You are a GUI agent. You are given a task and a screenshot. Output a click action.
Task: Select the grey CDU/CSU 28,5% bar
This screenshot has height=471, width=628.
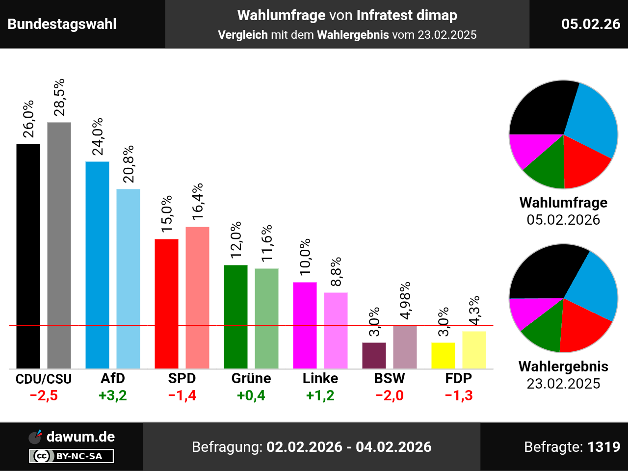point(59,245)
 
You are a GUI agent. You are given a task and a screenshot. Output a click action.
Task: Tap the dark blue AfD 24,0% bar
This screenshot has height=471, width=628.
point(97,265)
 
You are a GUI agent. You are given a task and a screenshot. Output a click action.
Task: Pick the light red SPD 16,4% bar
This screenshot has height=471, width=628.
point(197,297)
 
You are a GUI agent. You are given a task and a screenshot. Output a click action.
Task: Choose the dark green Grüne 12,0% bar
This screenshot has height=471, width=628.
point(235,316)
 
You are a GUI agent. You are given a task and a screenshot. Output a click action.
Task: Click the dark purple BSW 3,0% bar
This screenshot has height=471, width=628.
point(374,356)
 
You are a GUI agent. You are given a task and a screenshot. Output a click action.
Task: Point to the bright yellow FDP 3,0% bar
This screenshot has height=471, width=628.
point(443,356)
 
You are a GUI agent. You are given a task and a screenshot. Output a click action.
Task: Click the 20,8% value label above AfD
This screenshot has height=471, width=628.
point(129,164)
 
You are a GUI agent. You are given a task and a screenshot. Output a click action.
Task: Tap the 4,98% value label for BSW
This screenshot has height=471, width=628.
point(405,301)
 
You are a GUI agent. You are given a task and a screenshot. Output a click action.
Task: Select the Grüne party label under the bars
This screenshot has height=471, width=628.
point(251,378)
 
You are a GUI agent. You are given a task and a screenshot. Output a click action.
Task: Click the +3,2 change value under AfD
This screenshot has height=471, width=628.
point(113,395)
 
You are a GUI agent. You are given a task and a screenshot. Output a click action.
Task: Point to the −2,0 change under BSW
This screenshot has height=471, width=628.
point(390,395)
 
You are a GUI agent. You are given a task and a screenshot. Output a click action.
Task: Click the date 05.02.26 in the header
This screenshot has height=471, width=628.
point(591,24)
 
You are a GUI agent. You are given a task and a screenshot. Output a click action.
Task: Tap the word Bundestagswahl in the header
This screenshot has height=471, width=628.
point(62,24)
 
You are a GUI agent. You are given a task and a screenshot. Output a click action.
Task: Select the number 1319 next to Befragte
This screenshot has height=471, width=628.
point(604,447)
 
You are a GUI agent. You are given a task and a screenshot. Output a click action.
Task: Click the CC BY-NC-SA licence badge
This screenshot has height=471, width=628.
point(72,456)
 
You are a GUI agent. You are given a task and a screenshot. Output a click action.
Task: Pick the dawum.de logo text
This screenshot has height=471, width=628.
point(80,437)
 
